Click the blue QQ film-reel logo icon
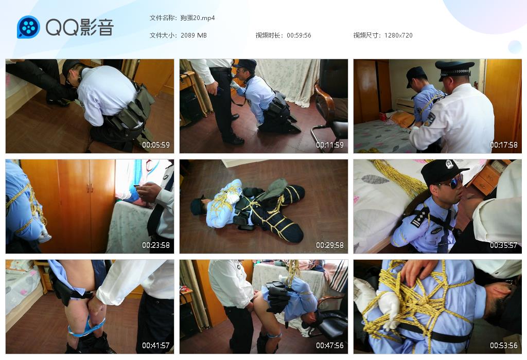(x=29, y=27)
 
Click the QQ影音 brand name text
(x=80, y=27)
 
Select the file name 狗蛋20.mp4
(x=198, y=18)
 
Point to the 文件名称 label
(x=162, y=18)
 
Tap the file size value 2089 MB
(x=194, y=35)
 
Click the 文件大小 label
(x=162, y=35)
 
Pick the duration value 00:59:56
(x=299, y=35)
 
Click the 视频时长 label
(x=268, y=35)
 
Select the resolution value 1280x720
(x=398, y=35)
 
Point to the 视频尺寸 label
(x=366, y=35)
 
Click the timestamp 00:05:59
(x=156, y=145)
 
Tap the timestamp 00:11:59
(x=330, y=145)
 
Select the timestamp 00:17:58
(x=504, y=145)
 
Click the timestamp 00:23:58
(x=156, y=245)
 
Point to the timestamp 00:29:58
(x=330, y=245)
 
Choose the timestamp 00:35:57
(x=504, y=245)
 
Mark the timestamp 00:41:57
(x=156, y=345)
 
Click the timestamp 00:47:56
(x=330, y=345)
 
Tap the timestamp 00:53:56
(x=504, y=345)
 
